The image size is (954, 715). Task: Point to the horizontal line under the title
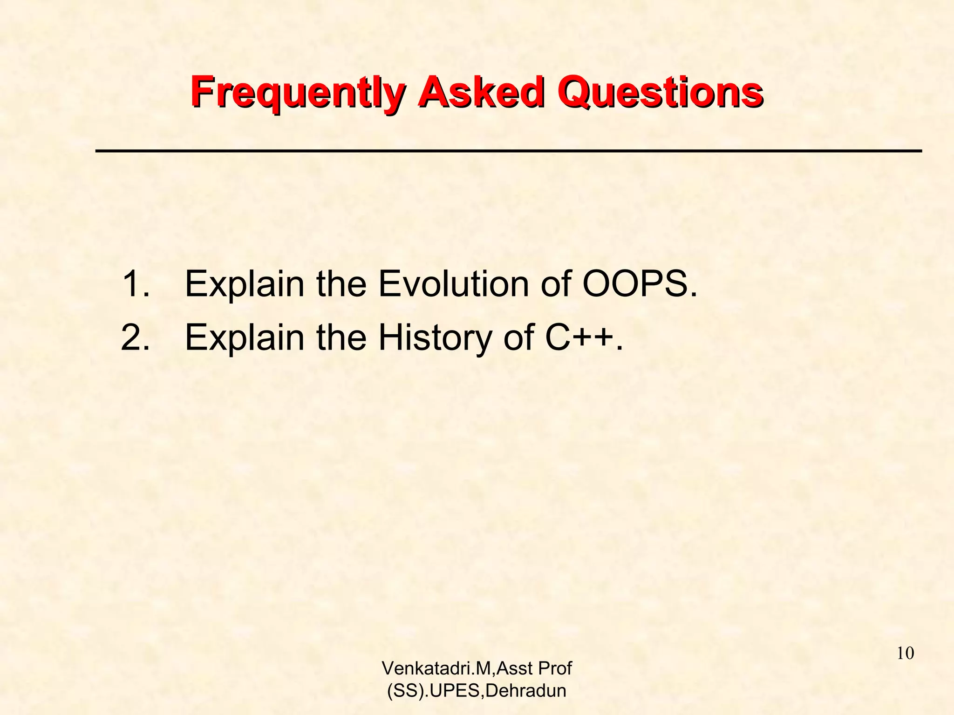point(508,151)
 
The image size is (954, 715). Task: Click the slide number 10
point(905,653)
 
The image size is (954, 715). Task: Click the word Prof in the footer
point(555,668)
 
